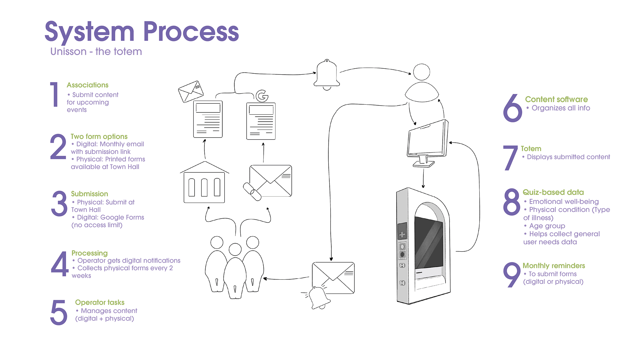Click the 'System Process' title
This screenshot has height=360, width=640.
click(142, 32)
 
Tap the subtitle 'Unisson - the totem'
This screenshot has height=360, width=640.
click(96, 52)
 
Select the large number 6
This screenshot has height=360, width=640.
click(512, 108)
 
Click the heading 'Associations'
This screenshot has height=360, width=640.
click(87, 85)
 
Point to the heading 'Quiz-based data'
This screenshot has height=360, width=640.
click(553, 192)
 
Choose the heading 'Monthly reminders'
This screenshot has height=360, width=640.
click(554, 266)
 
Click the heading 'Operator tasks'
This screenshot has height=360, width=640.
click(100, 302)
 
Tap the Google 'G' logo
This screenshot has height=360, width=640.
click(262, 96)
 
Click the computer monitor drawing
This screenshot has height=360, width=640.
click(427, 142)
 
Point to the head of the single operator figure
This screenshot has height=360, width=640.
click(422, 72)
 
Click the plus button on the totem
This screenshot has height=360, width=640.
click(402, 234)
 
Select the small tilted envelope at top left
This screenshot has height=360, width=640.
click(191, 91)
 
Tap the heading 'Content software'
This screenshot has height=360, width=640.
click(556, 99)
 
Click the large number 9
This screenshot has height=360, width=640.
click(512, 274)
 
